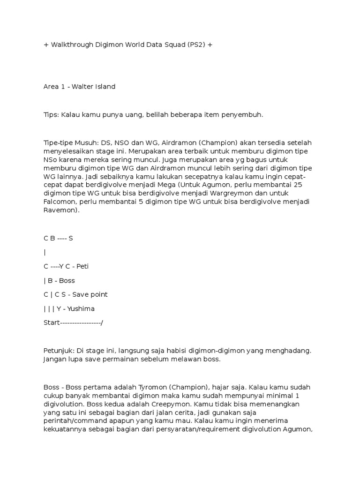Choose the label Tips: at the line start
pyautogui.click(x=51, y=114)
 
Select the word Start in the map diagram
pyautogui.click(x=51, y=322)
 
